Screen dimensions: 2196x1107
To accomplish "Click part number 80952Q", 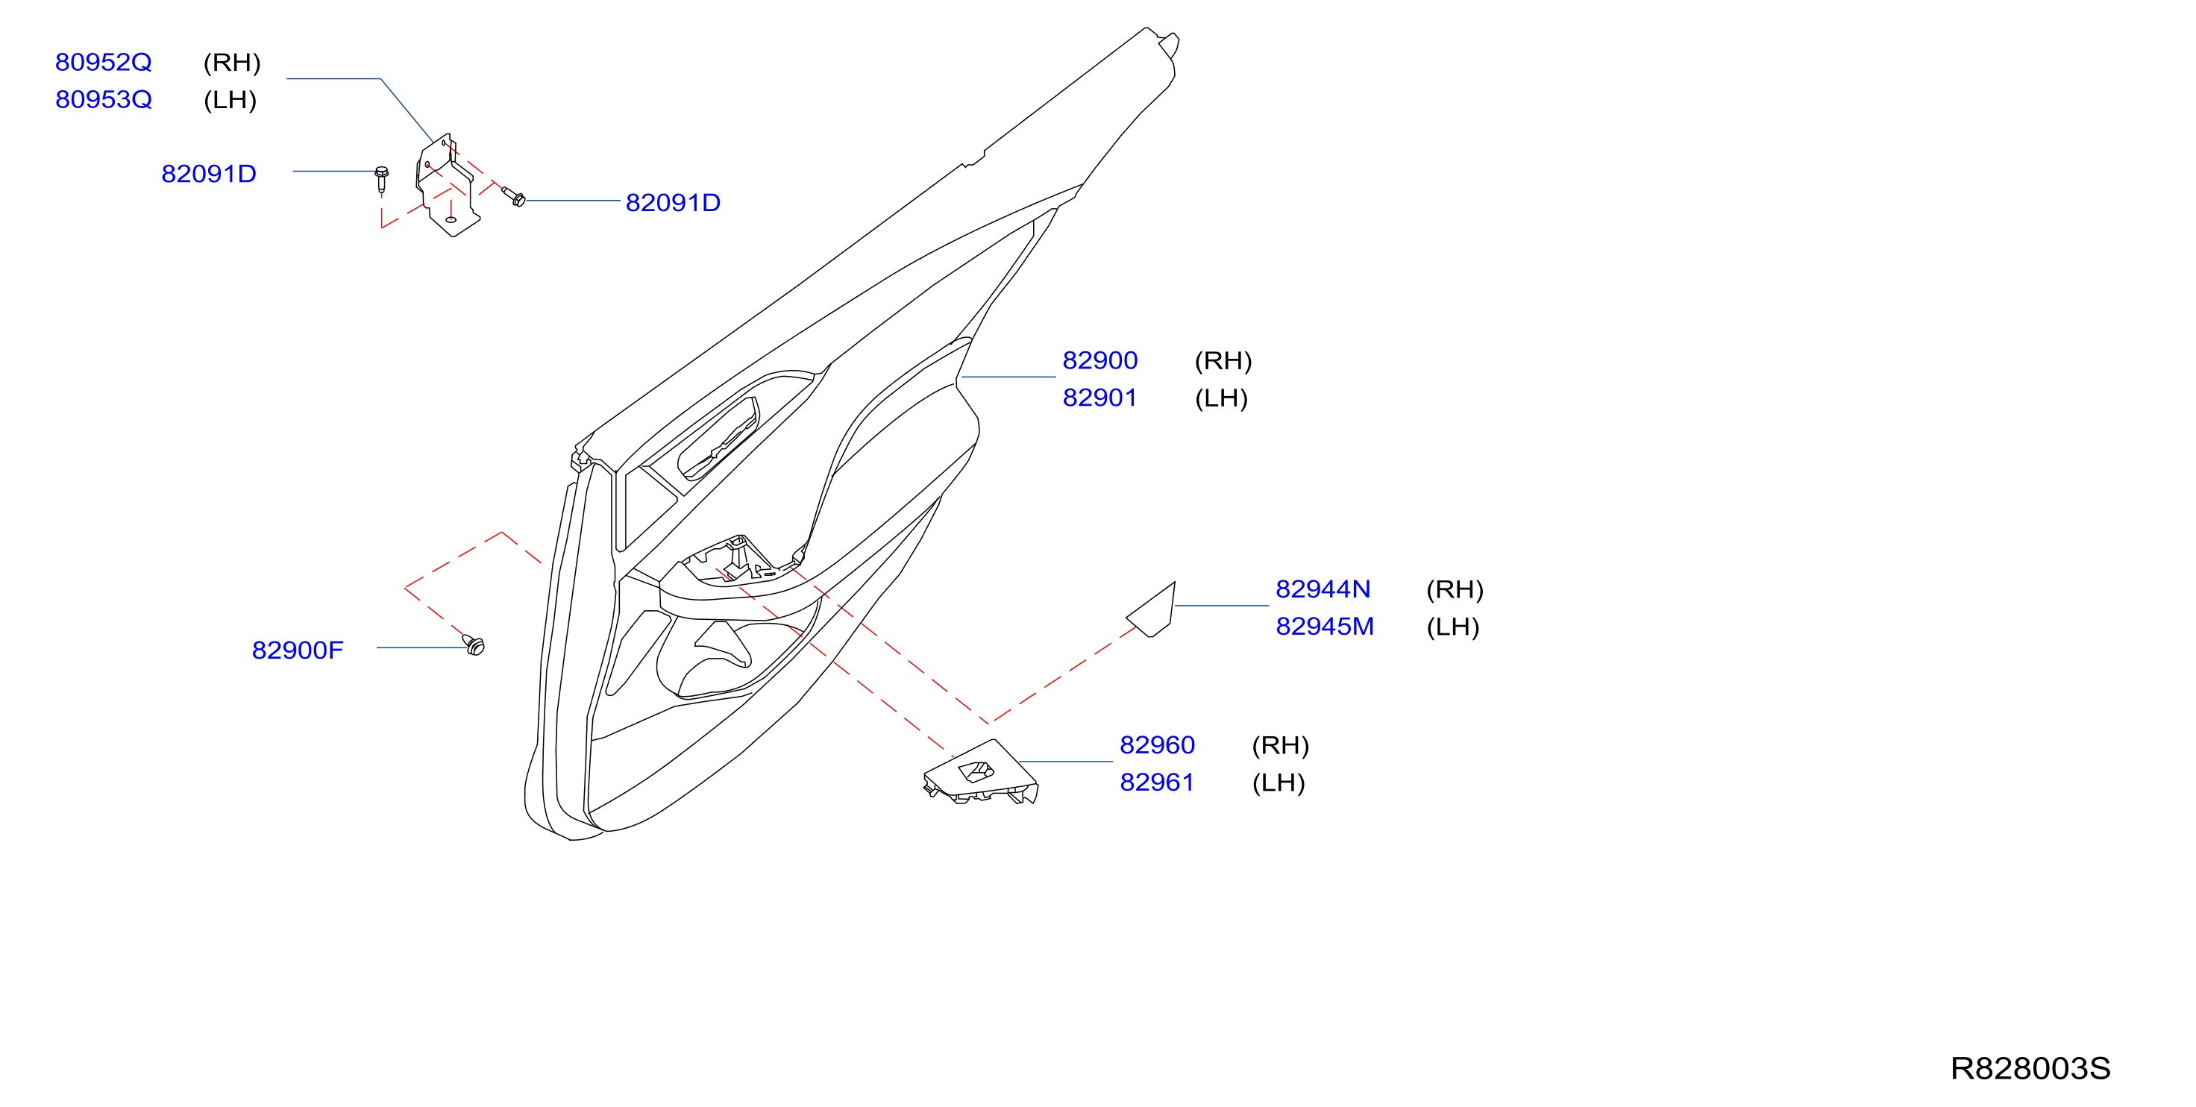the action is point(103,62).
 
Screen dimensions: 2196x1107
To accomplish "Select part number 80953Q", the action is point(103,100).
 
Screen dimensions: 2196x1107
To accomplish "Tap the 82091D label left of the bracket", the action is point(209,174).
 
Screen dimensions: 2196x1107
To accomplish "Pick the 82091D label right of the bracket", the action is point(673,203).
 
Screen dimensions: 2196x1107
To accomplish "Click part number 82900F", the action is point(298,650).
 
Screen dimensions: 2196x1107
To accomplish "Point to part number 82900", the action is point(1099,361).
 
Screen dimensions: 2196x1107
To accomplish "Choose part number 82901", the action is point(1099,398).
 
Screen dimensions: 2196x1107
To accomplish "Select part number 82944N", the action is point(1323,589).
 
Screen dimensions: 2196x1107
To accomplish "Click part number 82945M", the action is point(1325,627).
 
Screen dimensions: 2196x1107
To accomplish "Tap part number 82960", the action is point(1157,745).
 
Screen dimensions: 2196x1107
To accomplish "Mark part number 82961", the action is point(1157,783).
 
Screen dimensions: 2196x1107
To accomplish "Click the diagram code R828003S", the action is point(2030,1069).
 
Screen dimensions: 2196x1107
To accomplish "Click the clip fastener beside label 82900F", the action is point(474,645).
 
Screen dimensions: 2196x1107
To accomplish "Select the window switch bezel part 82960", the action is point(981,773).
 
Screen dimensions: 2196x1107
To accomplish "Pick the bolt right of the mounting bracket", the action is point(514,198).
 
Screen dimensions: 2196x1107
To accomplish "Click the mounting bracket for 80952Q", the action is point(447,184).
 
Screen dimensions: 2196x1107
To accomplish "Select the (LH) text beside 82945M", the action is point(1452,627).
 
